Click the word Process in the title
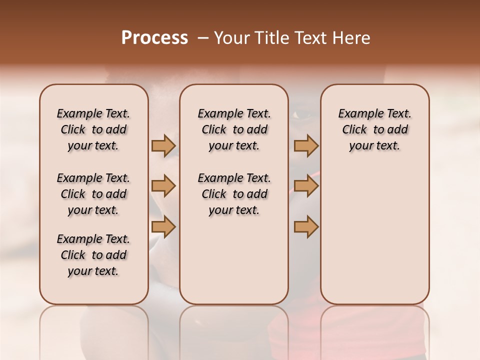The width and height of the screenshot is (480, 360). pyautogui.click(x=154, y=38)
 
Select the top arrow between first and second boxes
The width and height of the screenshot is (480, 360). pyautogui.click(x=163, y=145)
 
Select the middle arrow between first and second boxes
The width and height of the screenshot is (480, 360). pyautogui.click(x=163, y=186)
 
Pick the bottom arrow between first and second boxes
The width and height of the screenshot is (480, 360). pyautogui.click(x=163, y=227)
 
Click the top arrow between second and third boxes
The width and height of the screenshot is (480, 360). pyautogui.click(x=306, y=145)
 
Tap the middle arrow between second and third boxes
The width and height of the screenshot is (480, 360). pyautogui.click(x=306, y=186)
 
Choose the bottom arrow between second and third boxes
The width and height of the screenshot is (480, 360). pyautogui.click(x=306, y=227)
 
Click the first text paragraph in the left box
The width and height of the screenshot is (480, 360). pyautogui.click(x=93, y=129)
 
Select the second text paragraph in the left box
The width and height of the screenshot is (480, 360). pyautogui.click(x=93, y=194)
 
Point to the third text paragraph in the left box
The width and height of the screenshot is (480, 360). pyautogui.click(x=93, y=255)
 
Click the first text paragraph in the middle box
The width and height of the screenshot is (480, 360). pyautogui.click(x=234, y=129)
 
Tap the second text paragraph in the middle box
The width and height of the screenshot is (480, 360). pyautogui.click(x=234, y=194)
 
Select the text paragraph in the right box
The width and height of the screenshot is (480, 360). pyautogui.click(x=374, y=129)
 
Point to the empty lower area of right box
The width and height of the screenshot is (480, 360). pyautogui.click(x=374, y=235)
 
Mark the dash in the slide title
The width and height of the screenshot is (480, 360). pyautogui.click(x=202, y=38)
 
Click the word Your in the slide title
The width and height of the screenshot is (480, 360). pyautogui.click(x=229, y=38)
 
